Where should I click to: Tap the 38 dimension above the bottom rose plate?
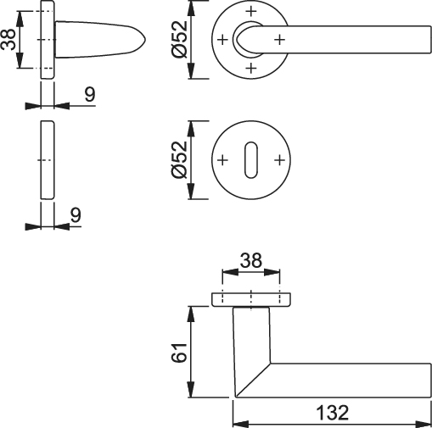[251, 260]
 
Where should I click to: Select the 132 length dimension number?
[333, 413]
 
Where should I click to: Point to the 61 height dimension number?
[179, 353]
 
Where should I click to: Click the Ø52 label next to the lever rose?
[179, 40]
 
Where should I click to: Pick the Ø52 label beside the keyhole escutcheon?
[179, 160]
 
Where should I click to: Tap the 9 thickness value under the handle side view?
[90, 94]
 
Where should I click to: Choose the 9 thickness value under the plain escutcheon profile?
[76, 215]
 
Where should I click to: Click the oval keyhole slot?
[251, 160]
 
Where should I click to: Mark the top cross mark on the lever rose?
[251, 11]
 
